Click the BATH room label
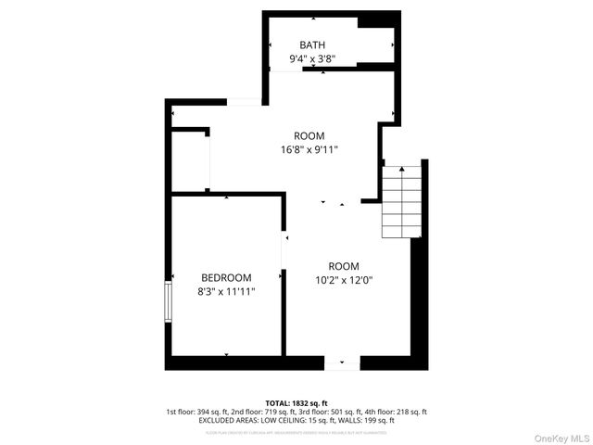(311, 44)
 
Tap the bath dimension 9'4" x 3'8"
(311, 58)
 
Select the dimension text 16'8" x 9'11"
(309, 149)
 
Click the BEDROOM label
(226, 277)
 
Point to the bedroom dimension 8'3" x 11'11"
(226, 291)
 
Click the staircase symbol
(402, 201)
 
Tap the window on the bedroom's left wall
(168, 300)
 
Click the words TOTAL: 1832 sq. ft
(296, 403)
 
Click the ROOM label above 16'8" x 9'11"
(309, 135)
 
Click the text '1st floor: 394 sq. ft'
(197, 412)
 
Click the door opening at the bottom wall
(341, 363)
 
